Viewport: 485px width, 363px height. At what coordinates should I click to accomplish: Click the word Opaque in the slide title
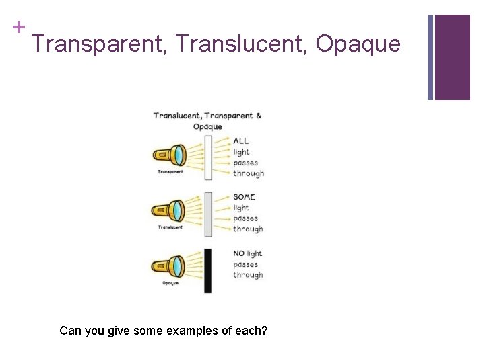click(x=358, y=44)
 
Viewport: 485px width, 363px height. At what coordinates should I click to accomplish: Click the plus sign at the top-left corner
click(x=18, y=27)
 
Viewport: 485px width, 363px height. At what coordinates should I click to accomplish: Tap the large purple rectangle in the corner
click(x=452, y=57)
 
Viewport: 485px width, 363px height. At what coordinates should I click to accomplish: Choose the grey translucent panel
click(x=208, y=214)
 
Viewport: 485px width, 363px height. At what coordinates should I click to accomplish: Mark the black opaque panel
click(x=208, y=270)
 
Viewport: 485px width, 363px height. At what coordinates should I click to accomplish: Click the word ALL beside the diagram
click(x=241, y=141)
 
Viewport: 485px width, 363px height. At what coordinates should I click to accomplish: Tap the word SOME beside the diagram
click(x=244, y=197)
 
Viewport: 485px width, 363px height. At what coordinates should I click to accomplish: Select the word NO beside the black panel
click(x=238, y=253)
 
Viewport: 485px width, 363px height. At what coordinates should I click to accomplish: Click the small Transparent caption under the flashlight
click(x=170, y=172)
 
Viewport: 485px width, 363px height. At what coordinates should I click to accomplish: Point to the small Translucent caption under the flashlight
click(x=170, y=227)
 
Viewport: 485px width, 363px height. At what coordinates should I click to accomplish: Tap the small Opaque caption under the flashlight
click(x=170, y=283)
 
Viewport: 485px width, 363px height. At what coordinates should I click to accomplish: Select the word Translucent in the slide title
click(x=240, y=44)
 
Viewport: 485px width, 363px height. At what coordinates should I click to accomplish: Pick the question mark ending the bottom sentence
click(x=265, y=331)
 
